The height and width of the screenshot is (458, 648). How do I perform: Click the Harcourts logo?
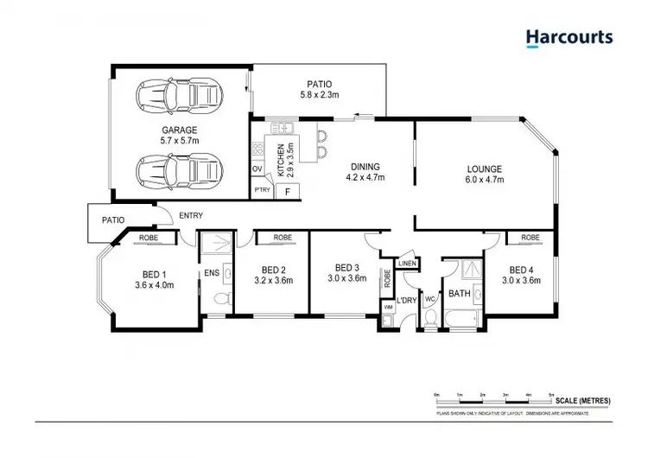click(x=569, y=36)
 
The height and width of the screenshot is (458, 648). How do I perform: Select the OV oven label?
click(x=257, y=169)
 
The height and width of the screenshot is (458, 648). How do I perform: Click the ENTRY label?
click(x=191, y=217)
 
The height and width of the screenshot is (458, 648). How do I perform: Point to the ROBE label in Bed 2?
click(x=282, y=237)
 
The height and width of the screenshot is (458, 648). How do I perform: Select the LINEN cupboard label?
click(x=407, y=264)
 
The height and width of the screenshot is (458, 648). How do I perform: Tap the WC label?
click(x=429, y=300)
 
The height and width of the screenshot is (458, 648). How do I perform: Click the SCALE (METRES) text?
click(x=584, y=401)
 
